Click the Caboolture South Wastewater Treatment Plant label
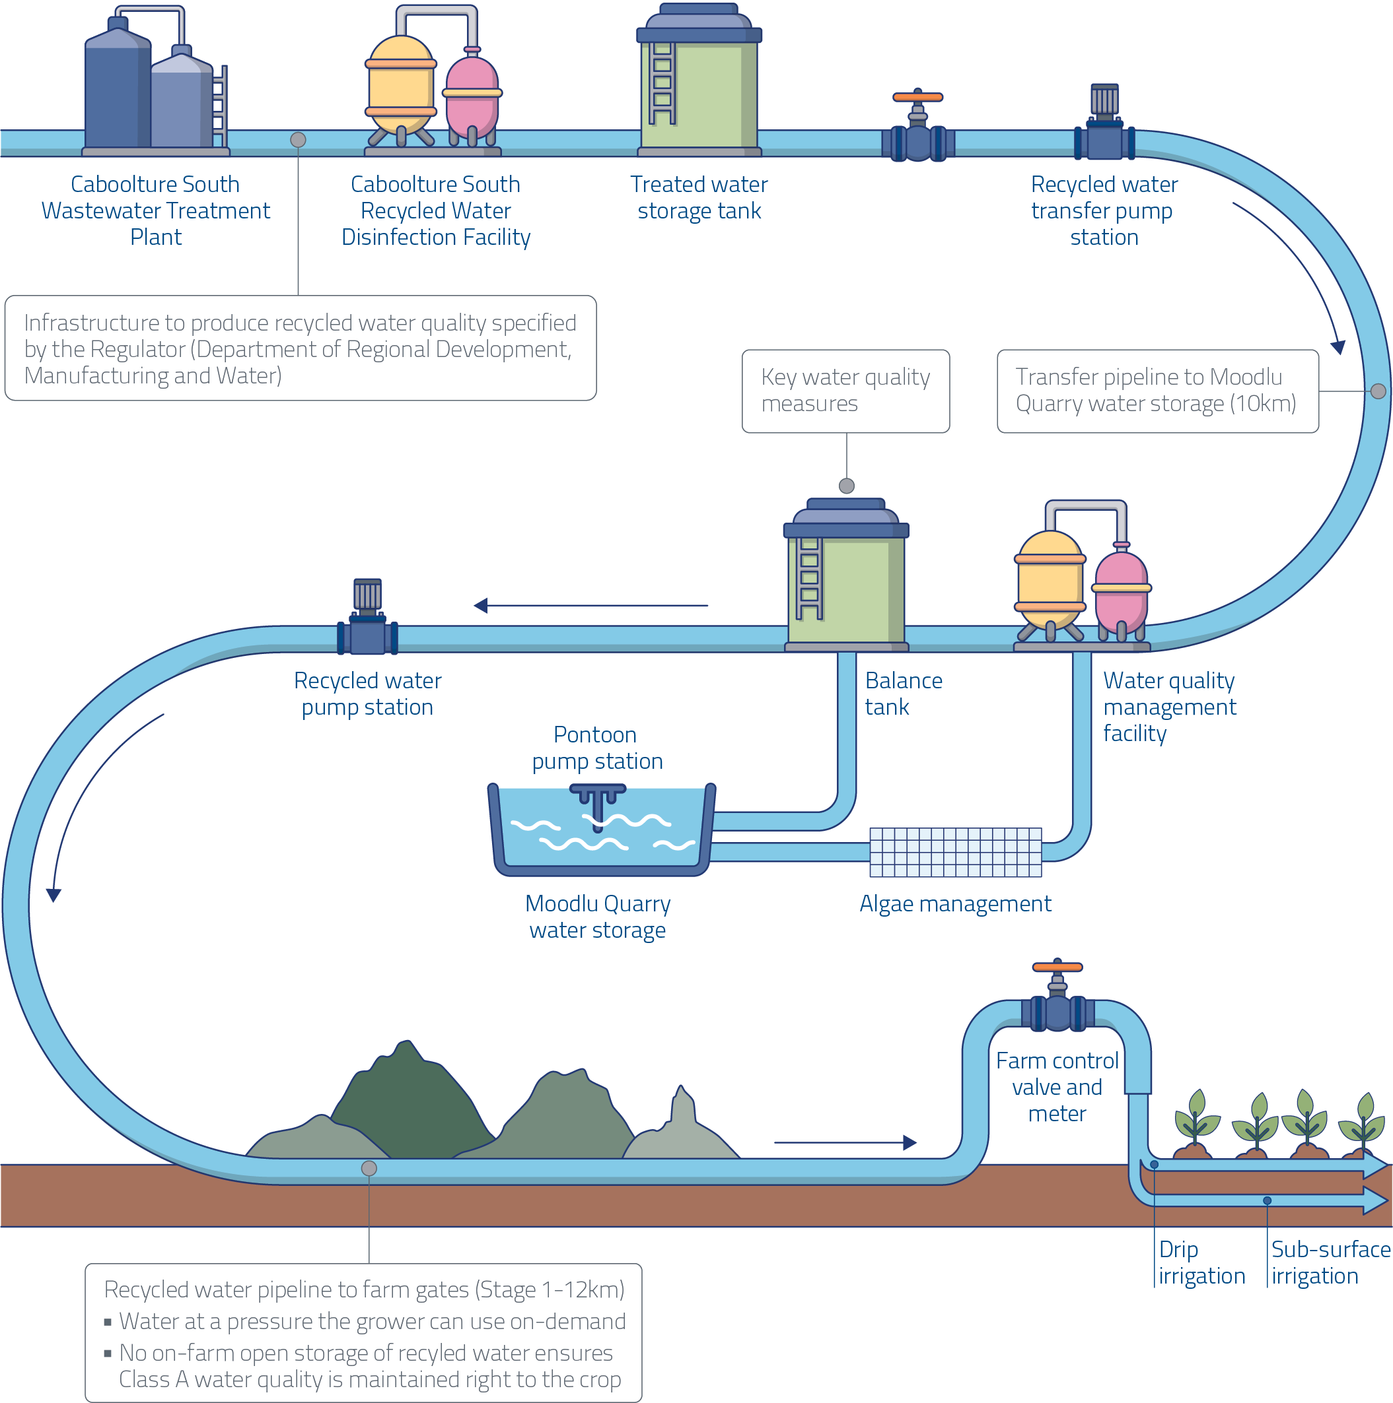pyautogui.click(x=155, y=211)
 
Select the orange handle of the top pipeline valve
pyautogui.click(x=917, y=96)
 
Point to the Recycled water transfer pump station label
pyautogui.click(x=1104, y=211)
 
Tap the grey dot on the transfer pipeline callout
pyautogui.click(x=1378, y=391)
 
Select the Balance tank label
pyautogui.click(x=903, y=694)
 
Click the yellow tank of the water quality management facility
pyautogui.click(x=1050, y=581)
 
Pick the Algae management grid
pyautogui.click(x=956, y=852)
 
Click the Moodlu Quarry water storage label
pyautogui.click(x=597, y=917)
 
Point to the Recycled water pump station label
pyautogui.click(x=368, y=694)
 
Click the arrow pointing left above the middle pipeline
pyautogui.click(x=590, y=605)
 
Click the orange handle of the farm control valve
pyautogui.click(x=1057, y=967)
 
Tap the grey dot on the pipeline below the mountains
pyautogui.click(x=369, y=1167)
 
